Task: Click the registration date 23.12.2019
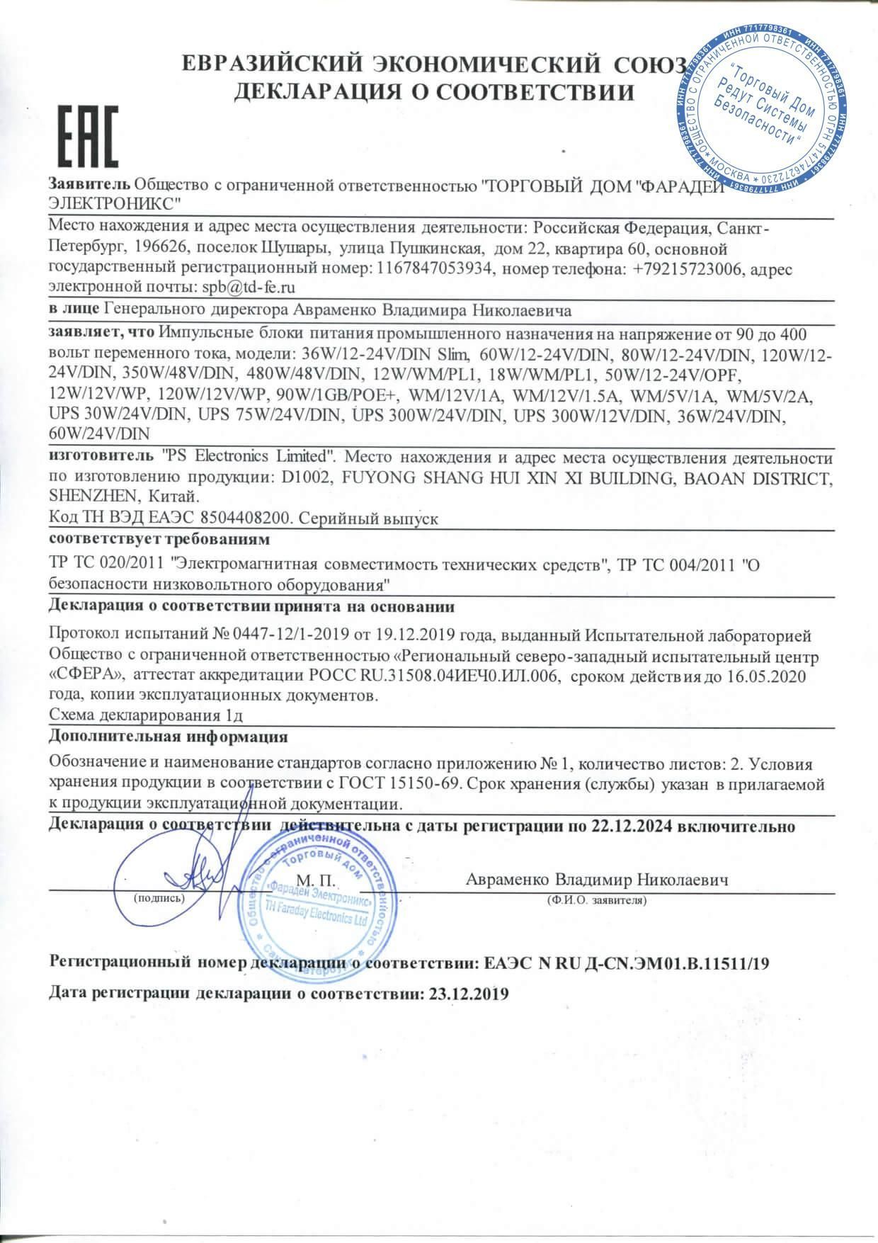tap(469, 994)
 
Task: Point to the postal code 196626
tap(164, 250)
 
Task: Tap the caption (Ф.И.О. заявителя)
tap(598, 899)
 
